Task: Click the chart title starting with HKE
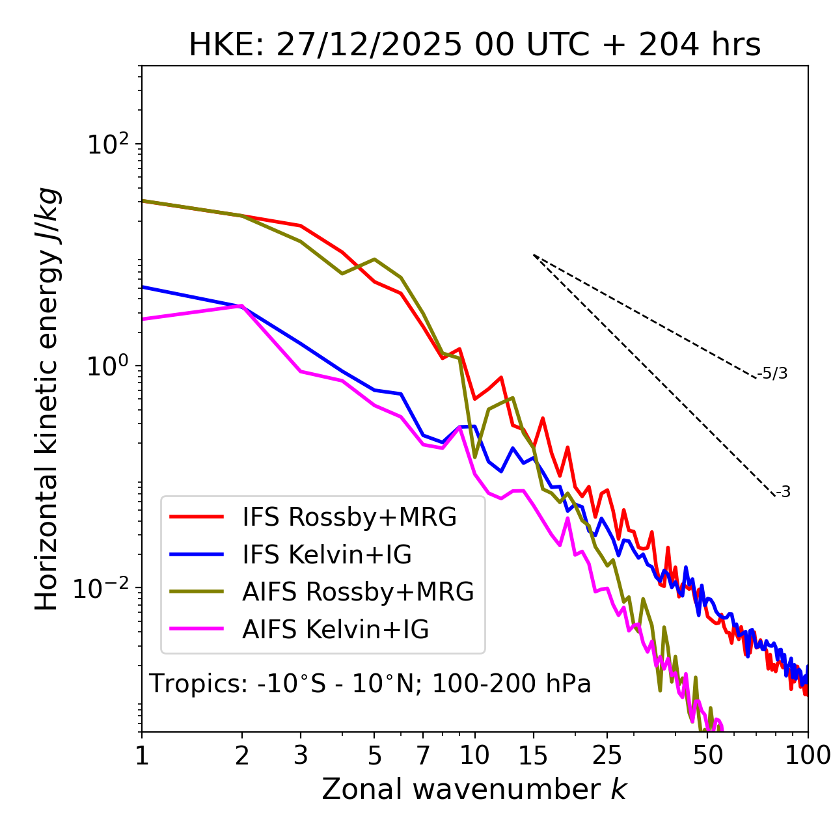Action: (x=474, y=45)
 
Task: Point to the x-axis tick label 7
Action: (x=423, y=755)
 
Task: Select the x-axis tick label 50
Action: (x=707, y=755)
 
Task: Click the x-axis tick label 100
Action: (x=808, y=755)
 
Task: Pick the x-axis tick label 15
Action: (x=533, y=755)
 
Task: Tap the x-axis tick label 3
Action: (x=301, y=755)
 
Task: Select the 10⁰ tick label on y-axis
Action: (x=109, y=366)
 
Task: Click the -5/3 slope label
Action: (x=772, y=373)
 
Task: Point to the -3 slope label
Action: (x=783, y=492)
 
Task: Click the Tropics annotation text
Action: (x=370, y=684)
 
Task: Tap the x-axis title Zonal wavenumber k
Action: (x=474, y=789)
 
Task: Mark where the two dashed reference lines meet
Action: (x=534, y=255)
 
